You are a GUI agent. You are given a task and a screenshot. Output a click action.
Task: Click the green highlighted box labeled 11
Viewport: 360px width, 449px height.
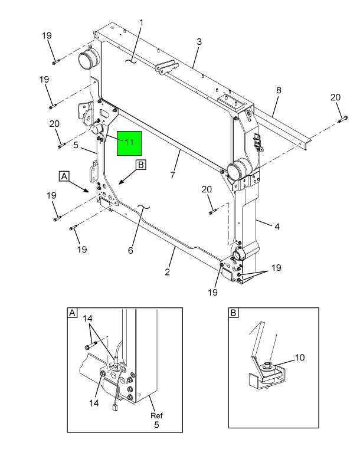click(x=129, y=142)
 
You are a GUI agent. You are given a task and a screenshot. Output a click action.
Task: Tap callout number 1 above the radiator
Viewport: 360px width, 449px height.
click(x=142, y=22)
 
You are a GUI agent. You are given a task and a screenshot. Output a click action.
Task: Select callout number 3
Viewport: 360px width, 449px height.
click(x=199, y=42)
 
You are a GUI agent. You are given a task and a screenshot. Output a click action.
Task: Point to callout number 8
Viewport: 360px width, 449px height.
click(x=279, y=90)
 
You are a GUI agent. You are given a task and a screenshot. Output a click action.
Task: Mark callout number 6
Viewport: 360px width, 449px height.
click(x=130, y=250)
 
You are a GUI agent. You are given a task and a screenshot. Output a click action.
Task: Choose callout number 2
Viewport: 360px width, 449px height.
click(x=168, y=272)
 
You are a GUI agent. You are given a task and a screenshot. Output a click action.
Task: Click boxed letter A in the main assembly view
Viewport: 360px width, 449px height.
click(x=63, y=175)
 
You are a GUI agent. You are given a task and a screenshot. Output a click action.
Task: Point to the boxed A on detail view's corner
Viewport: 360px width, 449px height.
click(x=72, y=313)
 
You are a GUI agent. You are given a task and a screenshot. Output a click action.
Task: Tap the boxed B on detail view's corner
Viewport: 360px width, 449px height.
click(x=234, y=313)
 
